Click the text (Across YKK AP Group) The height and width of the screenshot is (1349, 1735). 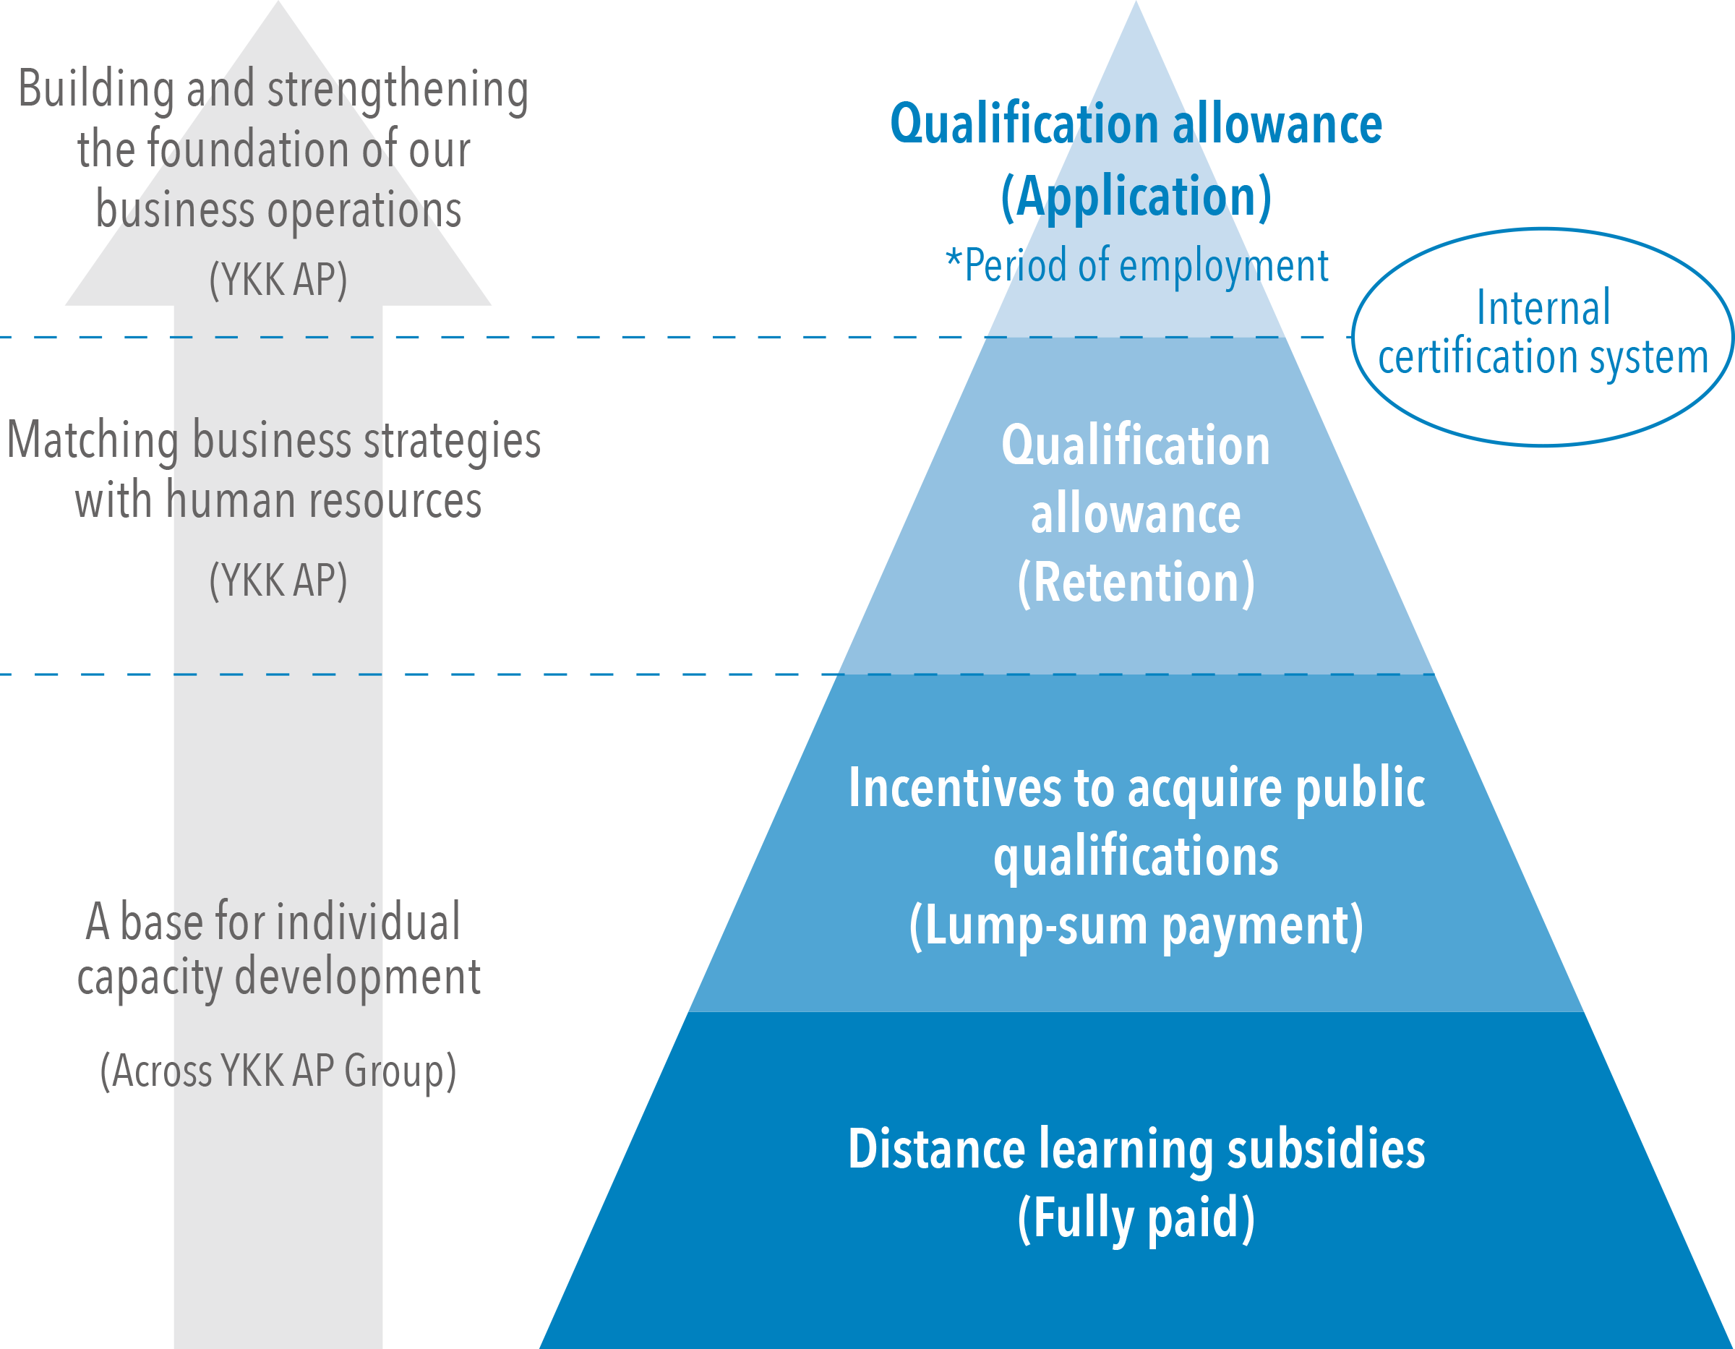click(278, 1070)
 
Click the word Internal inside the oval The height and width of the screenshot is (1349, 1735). click(1543, 307)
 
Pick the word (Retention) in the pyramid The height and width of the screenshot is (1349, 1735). click(1136, 583)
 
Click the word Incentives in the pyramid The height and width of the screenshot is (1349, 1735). click(954, 788)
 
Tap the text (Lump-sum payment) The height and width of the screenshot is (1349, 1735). click(1136, 926)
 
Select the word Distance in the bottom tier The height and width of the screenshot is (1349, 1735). click(937, 1149)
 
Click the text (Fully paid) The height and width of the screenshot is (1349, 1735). click(1136, 1218)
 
